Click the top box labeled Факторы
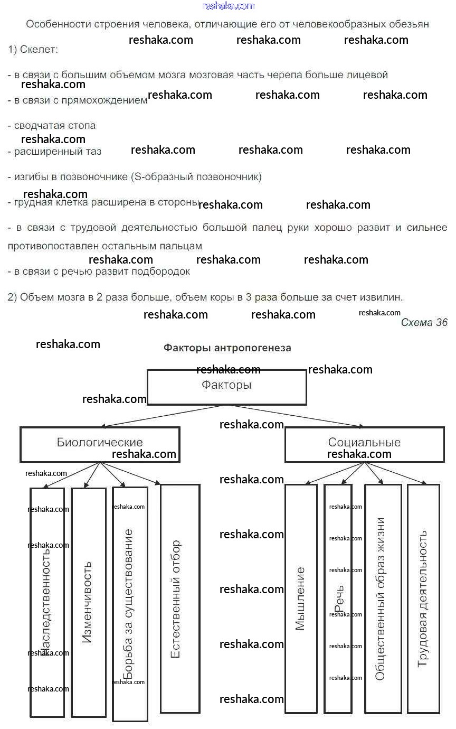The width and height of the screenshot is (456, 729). [226, 387]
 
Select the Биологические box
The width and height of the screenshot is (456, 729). [100, 444]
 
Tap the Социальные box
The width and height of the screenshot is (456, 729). [364, 444]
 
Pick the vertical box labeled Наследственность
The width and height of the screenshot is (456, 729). [47, 602]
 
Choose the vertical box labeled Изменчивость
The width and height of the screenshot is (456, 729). [88, 602]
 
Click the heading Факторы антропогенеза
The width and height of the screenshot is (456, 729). [227, 348]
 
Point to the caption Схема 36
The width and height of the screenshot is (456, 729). [424, 323]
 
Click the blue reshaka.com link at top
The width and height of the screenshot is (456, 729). [228, 6]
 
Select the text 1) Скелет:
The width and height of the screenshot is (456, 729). [33, 50]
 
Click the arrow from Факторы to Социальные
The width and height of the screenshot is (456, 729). [296, 416]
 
